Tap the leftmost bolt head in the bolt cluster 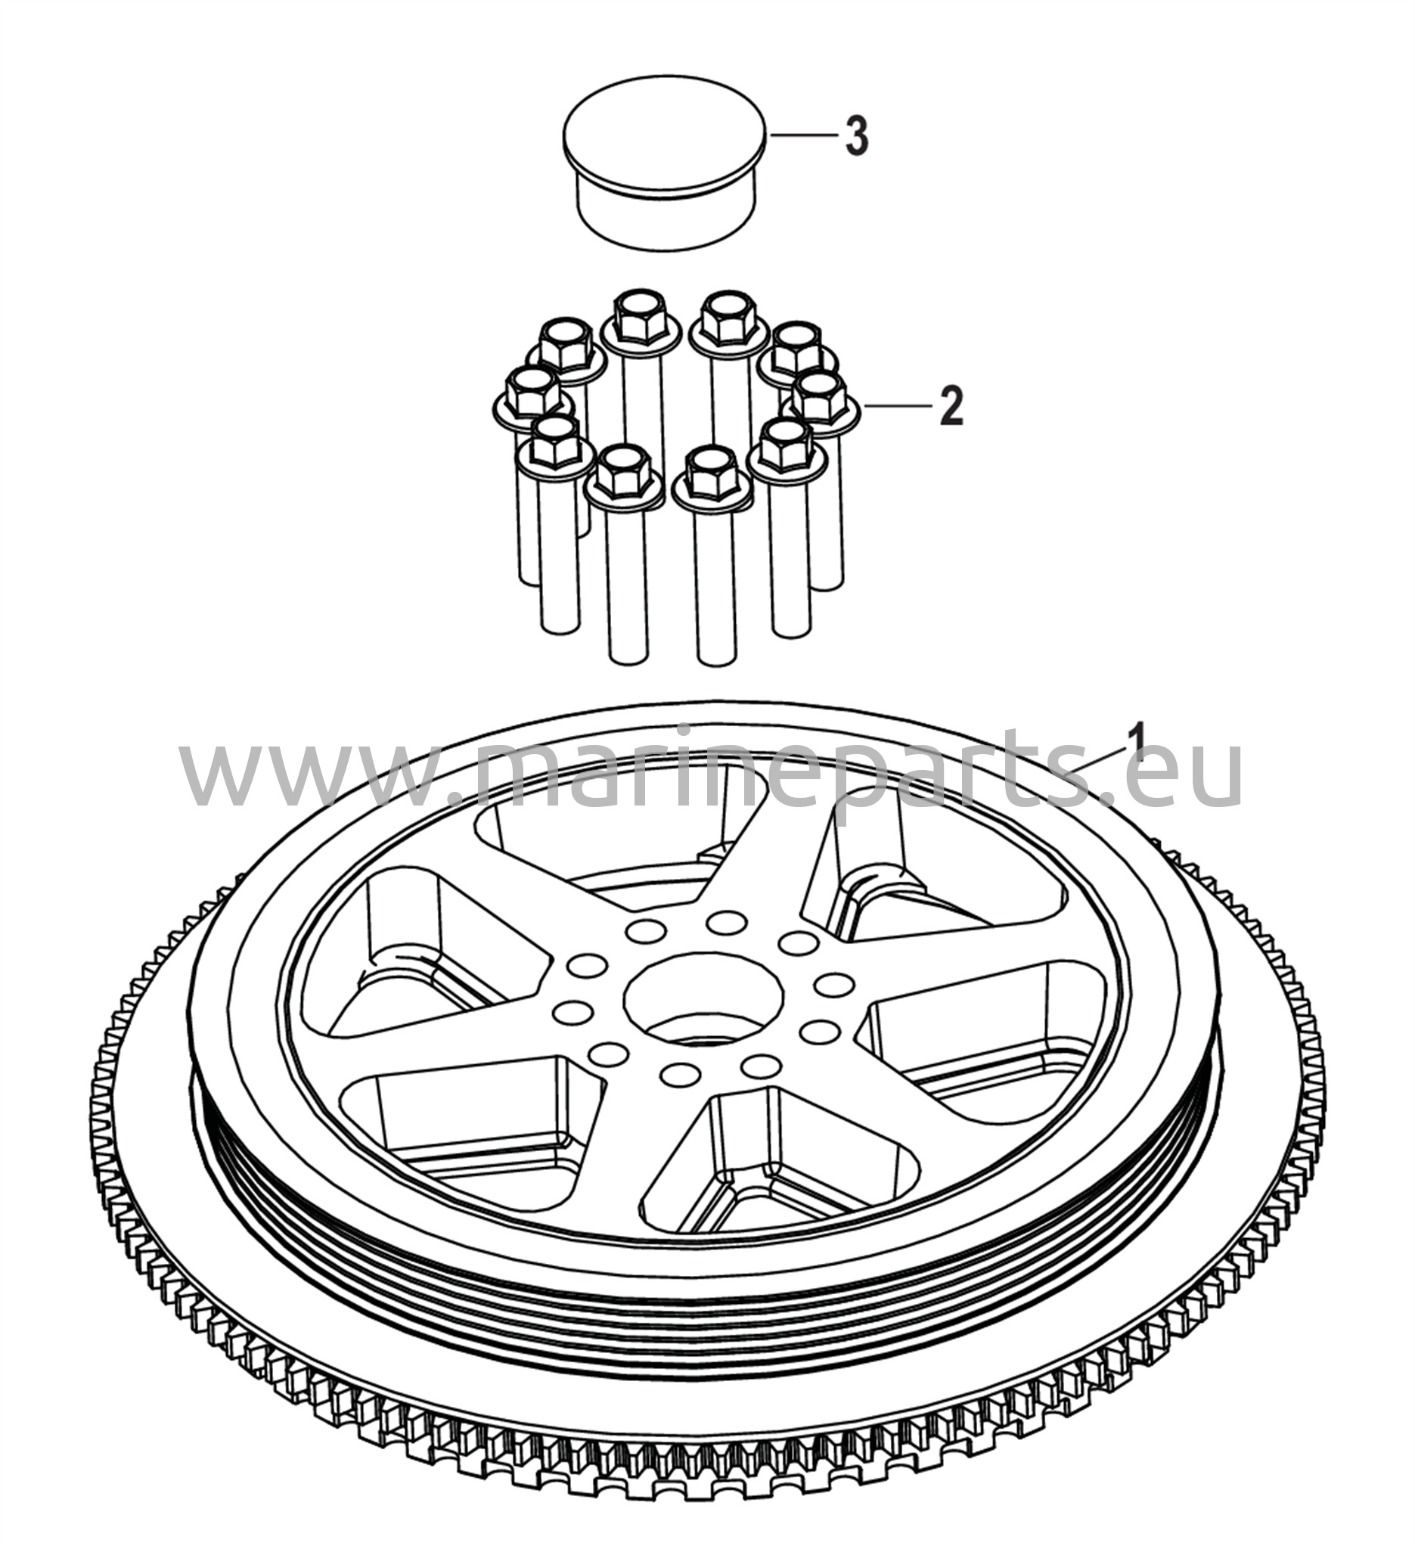pyautogui.click(x=533, y=393)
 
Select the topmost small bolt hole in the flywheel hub pyautogui.click(x=723, y=920)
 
